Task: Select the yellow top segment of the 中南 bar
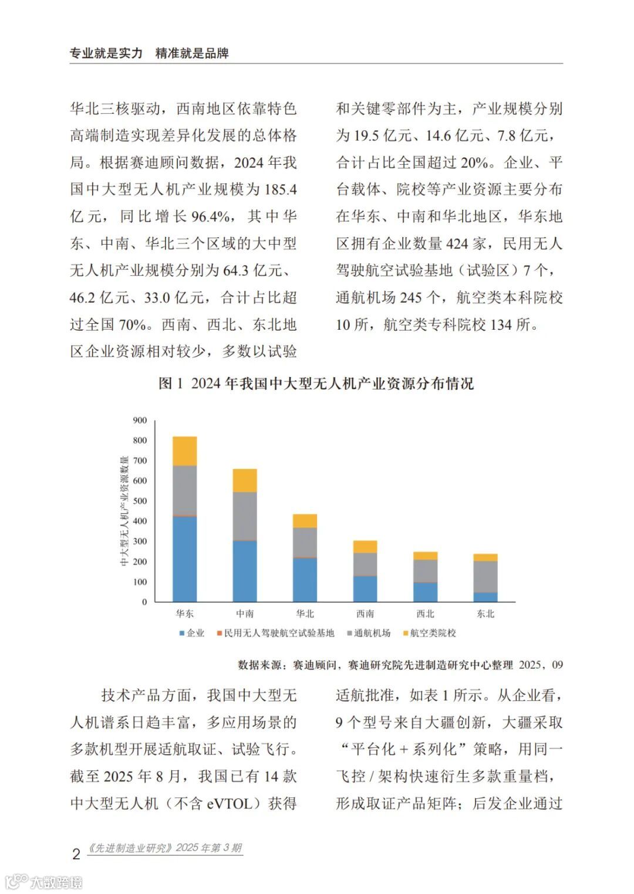point(245,480)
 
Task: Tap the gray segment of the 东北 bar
point(485,577)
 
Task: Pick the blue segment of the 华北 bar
point(305,580)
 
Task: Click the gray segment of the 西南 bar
point(365,564)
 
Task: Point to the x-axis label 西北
point(425,614)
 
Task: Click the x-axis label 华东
point(184,614)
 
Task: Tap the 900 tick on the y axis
point(140,420)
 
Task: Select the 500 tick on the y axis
point(140,501)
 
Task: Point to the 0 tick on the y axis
point(144,602)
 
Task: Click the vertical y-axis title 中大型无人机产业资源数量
point(124,510)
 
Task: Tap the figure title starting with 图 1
point(316,384)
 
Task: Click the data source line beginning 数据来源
point(400,665)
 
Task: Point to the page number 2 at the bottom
point(76,854)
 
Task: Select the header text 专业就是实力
point(106,53)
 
